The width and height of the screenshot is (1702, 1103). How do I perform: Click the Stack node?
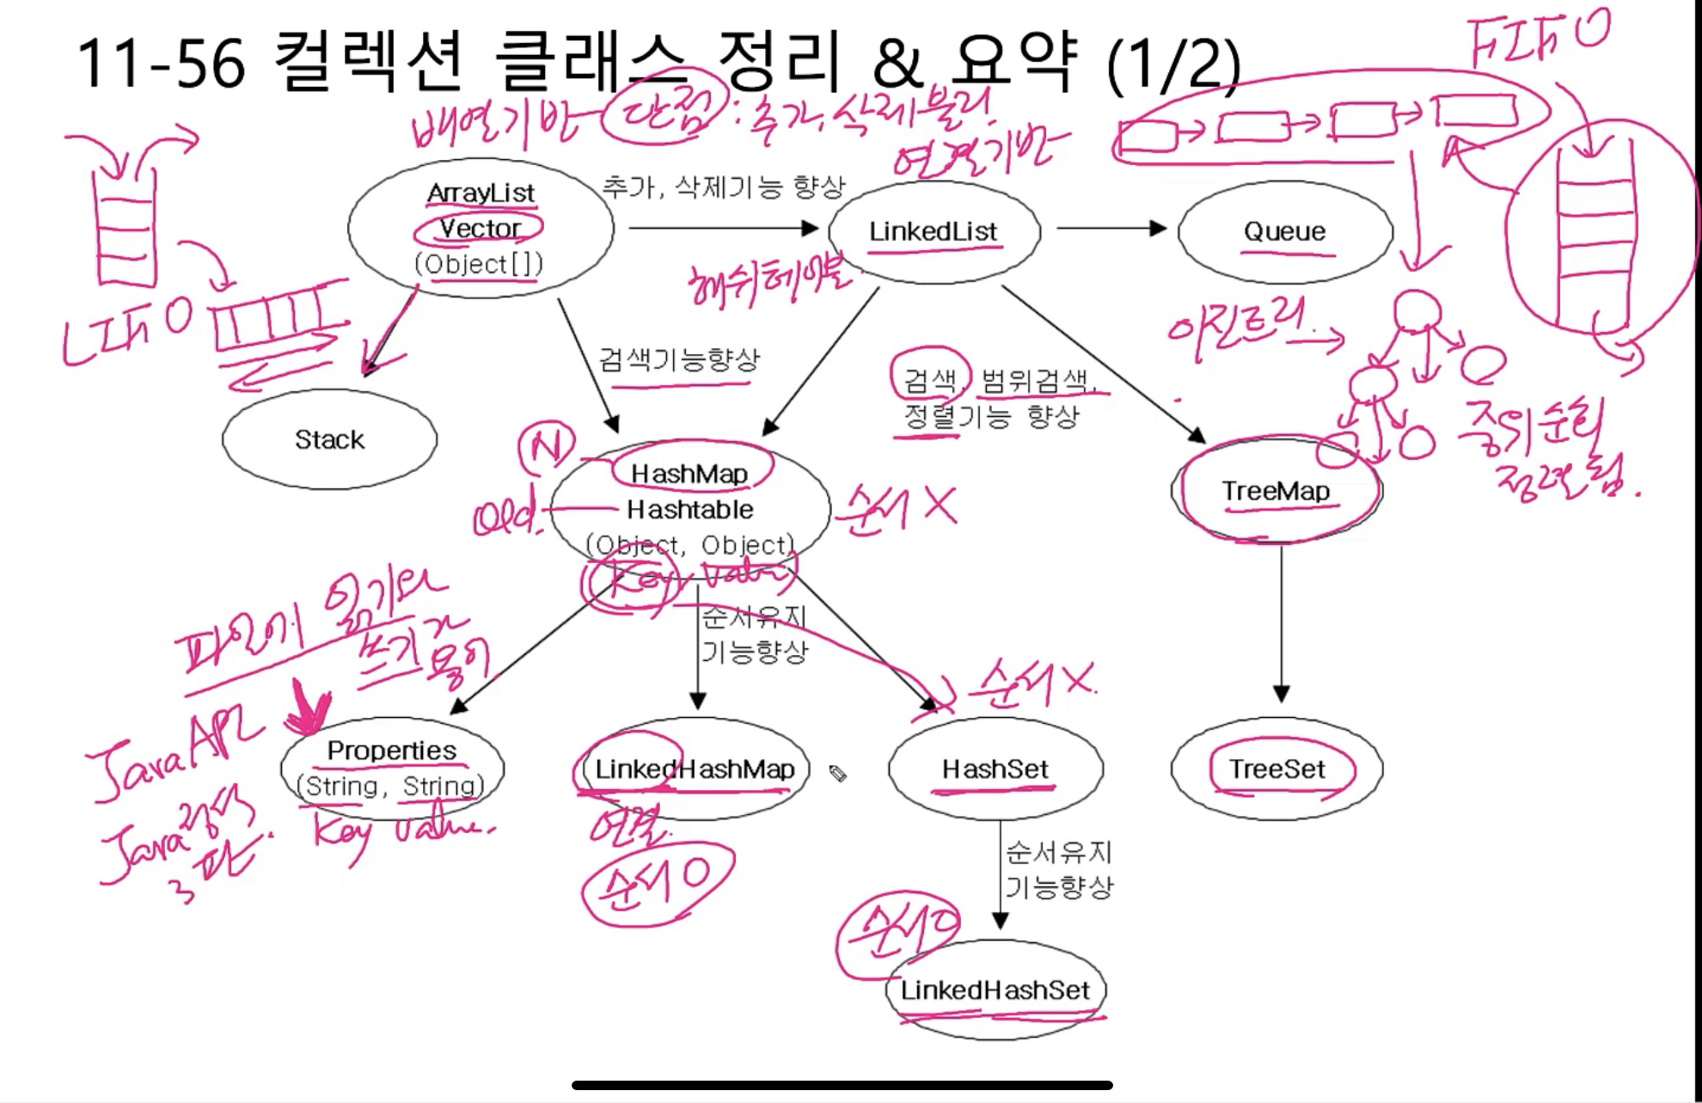329,439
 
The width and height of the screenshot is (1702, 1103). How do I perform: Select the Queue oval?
1284,231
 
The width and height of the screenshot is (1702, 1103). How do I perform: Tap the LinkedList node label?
933,231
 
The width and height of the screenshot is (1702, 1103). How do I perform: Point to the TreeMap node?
1276,491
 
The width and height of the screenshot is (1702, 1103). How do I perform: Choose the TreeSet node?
1276,769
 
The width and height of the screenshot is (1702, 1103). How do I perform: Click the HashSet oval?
995,769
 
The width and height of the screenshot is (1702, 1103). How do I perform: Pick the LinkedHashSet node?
995,990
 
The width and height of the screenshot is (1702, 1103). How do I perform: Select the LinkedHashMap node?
694,769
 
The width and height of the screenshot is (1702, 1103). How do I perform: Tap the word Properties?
391,751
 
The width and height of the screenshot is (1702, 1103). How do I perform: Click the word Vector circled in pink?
480,229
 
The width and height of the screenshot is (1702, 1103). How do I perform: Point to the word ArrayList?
481,193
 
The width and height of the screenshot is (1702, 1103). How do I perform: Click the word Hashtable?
689,510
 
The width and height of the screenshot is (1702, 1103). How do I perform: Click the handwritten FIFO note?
1539,39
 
